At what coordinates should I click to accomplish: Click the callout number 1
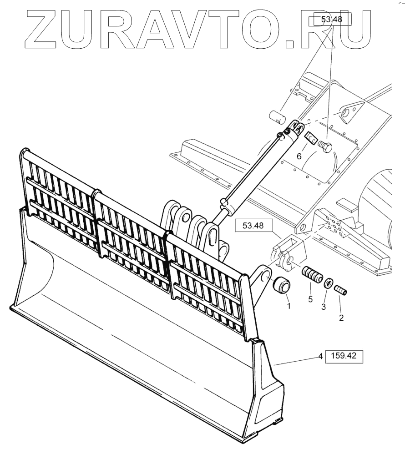click(x=288, y=307)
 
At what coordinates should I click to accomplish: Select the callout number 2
click(x=341, y=318)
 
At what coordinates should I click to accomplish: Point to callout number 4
click(x=320, y=357)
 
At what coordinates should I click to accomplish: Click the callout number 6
click(x=299, y=156)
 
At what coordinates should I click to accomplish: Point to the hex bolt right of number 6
click(x=324, y=147)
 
